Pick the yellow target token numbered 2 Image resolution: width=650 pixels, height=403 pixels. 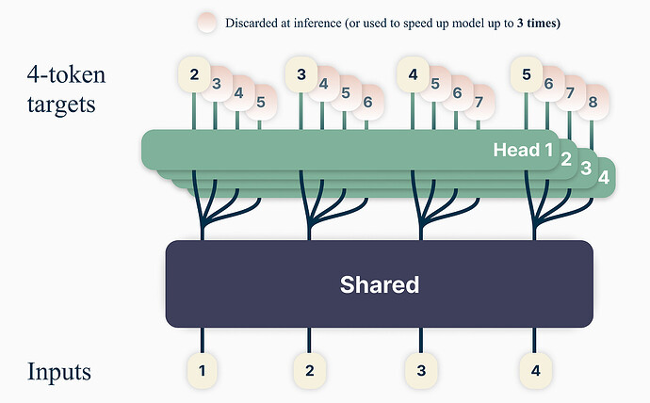point(194,73)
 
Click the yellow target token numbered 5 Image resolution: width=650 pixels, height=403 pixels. point(526,73)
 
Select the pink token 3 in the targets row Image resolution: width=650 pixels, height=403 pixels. point(218,84)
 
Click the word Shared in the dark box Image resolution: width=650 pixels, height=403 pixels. point(379,283)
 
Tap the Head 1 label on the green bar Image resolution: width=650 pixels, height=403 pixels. point(523,150)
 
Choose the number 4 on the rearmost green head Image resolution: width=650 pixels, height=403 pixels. point(603,176)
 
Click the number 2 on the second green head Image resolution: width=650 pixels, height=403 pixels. point(567,158)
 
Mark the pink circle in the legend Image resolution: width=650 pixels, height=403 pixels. point(207,23)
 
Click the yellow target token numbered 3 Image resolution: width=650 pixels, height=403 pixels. point(301,73)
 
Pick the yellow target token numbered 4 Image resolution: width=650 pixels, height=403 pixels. point(413,73)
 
